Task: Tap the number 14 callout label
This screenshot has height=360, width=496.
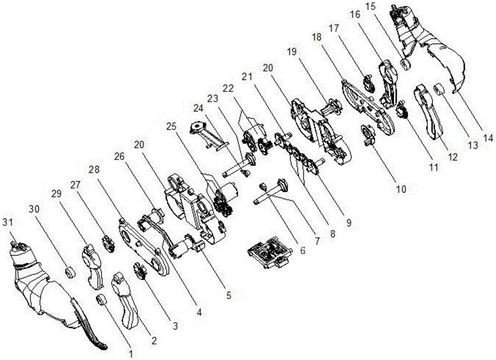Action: tap(488, 138)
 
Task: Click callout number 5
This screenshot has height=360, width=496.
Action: tap(228, 295)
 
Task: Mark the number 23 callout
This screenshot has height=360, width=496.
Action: tap(213, 99)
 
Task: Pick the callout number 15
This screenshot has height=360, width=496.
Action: tap(372, 6)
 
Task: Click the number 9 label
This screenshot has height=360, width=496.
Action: tap(348, 223)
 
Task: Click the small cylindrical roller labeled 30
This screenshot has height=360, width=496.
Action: tap(69, 272)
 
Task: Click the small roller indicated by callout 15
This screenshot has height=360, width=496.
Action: tap(405, 63)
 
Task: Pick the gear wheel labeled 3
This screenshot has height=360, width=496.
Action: tap(140, 271)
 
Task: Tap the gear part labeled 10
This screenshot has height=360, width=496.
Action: tap(368, 134)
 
